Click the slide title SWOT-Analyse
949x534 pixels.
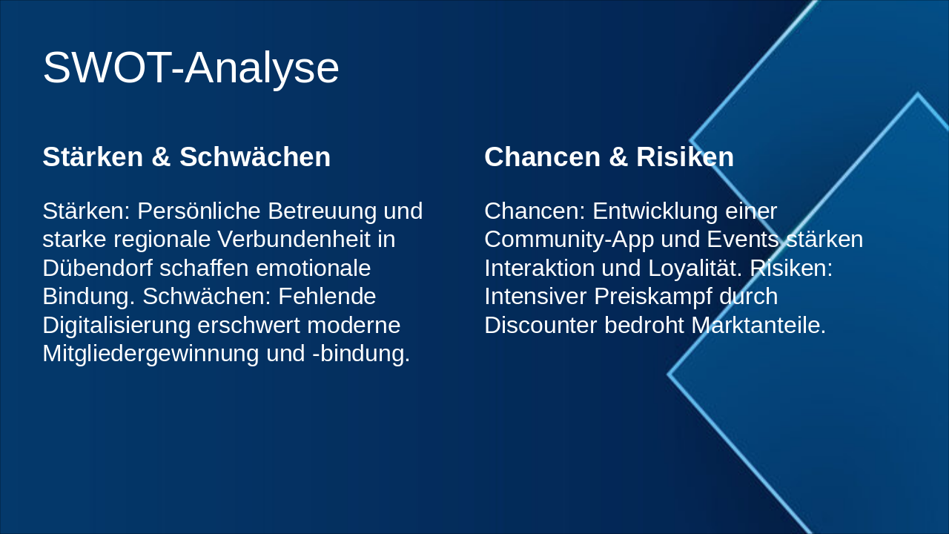tap(191, 67)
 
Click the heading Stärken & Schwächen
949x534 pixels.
tap(186, 157)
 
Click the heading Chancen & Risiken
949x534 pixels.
tap(609, 157)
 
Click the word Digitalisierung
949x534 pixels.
tap(116, 326)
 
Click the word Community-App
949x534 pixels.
tap(569, 240)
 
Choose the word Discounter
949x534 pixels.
tap(540, 326)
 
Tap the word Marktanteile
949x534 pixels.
tap(758, 326)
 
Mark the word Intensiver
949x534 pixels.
tap(535, 297)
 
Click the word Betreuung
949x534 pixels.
tap(322, 211)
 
